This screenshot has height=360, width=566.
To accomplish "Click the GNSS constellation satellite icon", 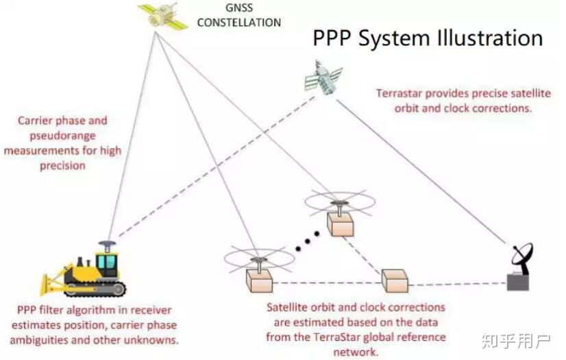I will click(x=162, y=16).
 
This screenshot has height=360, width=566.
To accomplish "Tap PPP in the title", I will click(x=333, y=38).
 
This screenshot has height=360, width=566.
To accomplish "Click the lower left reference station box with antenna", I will click(x=258, y=280).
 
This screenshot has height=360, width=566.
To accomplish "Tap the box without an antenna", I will click(x=395, y=280).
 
